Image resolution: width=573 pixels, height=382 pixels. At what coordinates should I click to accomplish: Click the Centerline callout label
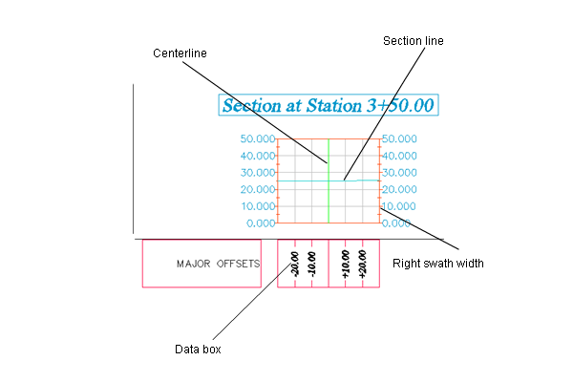[180, 53]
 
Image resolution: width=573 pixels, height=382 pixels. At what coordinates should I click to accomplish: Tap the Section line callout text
[414, 41]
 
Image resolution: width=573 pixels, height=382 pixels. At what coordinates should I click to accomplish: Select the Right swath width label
[438, 264]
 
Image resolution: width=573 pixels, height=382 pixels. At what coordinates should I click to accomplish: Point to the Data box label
[198, 350]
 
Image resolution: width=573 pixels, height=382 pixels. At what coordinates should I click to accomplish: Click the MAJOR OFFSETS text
[218, 264]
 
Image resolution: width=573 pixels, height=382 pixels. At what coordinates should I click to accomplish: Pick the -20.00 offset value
[294, 264]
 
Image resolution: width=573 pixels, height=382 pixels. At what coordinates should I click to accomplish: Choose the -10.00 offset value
[311, 264]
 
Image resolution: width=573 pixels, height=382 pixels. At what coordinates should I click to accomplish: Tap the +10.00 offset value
[346, 264]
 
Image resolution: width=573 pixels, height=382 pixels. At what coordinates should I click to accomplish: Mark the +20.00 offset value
[362, 264]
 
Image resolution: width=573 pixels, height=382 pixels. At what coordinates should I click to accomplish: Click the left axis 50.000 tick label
[258, 138]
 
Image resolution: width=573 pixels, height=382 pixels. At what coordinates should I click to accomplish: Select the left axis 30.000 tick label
[258, 173]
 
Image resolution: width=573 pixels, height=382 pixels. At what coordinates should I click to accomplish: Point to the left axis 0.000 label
[261, 223]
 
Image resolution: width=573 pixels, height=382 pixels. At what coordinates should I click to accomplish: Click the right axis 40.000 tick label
[399, 156]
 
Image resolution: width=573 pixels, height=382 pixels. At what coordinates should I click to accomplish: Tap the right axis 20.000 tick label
[399, 189]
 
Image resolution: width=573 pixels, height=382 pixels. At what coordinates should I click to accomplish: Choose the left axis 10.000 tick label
[258, 206]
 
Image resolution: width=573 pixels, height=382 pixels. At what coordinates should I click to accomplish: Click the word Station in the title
[333, 106]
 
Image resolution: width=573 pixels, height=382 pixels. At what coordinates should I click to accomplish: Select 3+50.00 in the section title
[400, 106]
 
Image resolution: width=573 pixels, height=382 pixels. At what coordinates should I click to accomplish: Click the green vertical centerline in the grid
[329, 180]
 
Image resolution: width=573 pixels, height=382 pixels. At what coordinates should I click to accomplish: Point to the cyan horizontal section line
[329, 180]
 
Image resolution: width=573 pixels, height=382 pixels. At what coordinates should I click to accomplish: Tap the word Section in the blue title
[252, 106]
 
